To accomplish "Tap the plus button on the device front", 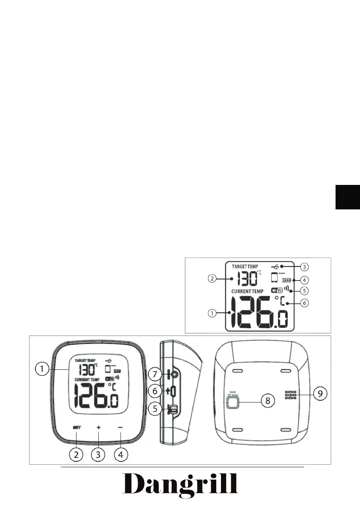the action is click(x=98, y=427).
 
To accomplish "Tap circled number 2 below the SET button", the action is click(x=76, y=454).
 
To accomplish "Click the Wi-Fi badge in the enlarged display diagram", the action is click(x=277, y=290).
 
